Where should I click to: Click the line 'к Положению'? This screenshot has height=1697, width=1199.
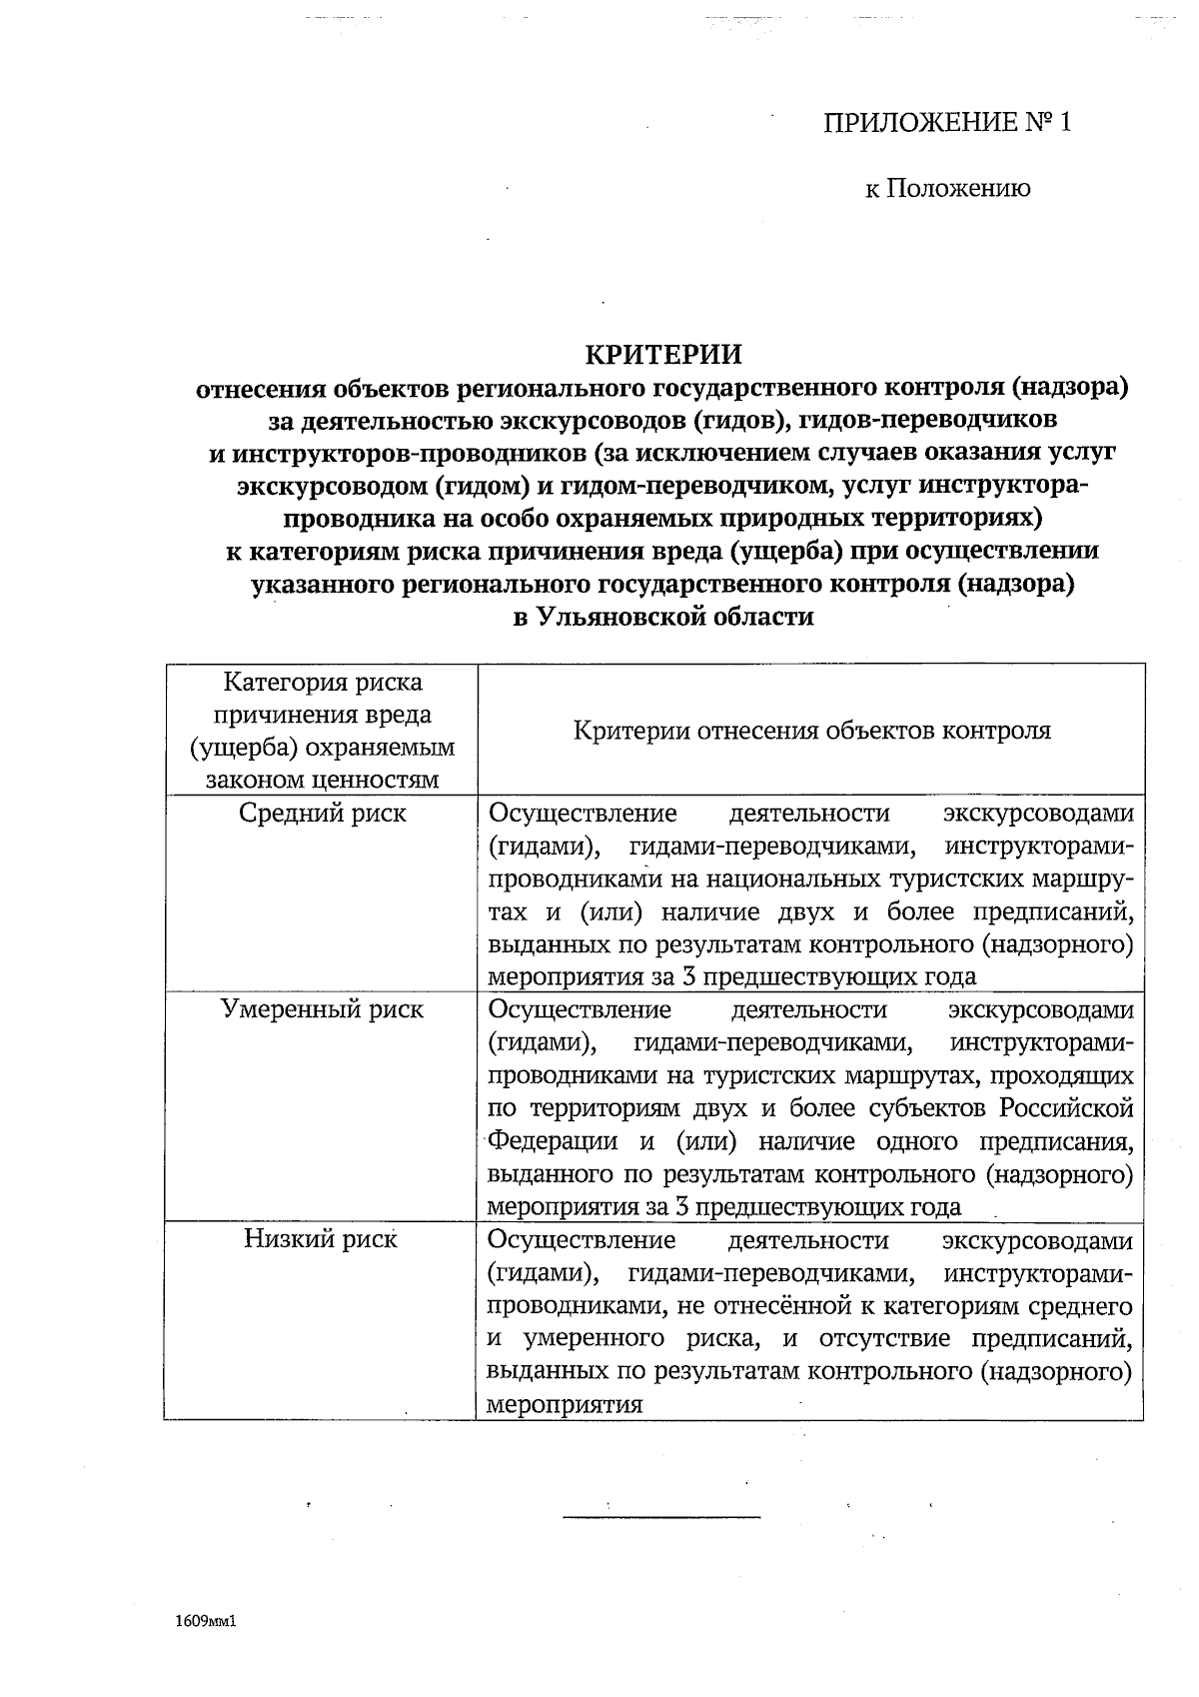click(947, 188)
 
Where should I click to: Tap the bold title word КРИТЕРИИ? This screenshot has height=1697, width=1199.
click(663, 355)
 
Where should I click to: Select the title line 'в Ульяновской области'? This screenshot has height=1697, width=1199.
click(663, 617)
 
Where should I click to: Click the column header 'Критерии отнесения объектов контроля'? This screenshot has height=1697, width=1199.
click(811, 730)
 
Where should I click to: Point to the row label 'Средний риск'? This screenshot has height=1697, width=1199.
click(322, 813)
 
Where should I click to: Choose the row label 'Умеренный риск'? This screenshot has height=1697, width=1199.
click(322, 1009)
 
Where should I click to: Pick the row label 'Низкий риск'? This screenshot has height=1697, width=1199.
click(320, 1239)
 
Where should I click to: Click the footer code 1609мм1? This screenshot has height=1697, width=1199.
click(204, 1622)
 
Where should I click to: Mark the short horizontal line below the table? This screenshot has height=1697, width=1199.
click(661, 1516)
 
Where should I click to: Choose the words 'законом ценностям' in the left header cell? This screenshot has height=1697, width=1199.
click(322, 780)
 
